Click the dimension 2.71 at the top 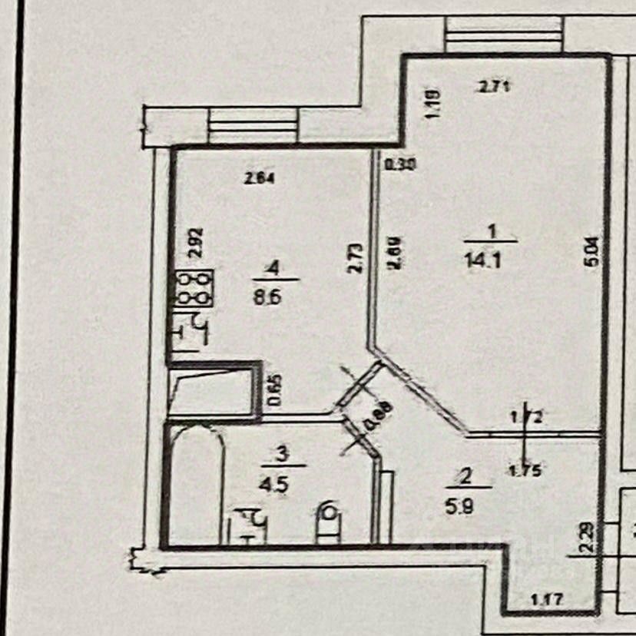point(495,88)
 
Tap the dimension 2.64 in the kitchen point(260,180)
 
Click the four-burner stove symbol point(194,288)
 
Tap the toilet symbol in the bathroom point(330,523)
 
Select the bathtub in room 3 point(196,484)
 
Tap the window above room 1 point(503,35)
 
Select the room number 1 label point(492,230)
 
